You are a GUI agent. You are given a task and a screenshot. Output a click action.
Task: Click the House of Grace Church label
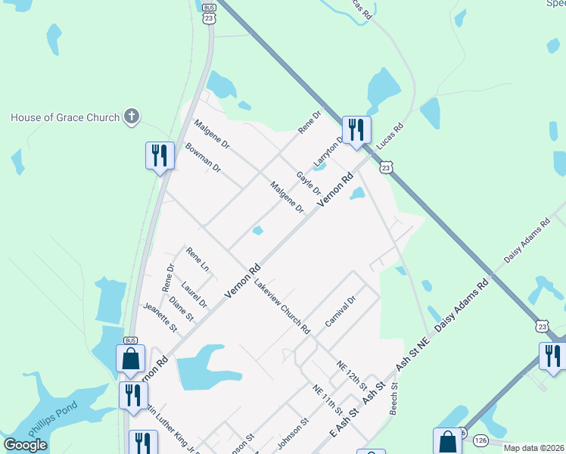65,117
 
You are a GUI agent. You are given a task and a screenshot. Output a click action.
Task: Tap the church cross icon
132,117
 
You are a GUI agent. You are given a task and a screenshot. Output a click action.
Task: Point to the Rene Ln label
197,260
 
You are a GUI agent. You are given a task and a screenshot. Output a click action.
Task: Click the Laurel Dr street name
194,294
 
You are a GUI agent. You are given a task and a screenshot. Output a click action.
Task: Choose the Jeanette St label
160,318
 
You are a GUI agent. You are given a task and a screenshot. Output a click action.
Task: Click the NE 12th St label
352,375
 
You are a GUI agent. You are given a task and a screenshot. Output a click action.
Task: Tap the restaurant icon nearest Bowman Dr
159,155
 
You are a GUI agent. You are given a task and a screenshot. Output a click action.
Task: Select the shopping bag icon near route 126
447,441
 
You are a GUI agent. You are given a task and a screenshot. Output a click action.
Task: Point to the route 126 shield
481,440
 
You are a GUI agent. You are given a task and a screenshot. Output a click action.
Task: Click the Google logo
26,444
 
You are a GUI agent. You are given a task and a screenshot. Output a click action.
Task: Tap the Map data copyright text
533,448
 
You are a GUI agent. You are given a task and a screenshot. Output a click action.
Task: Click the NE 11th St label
328,398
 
